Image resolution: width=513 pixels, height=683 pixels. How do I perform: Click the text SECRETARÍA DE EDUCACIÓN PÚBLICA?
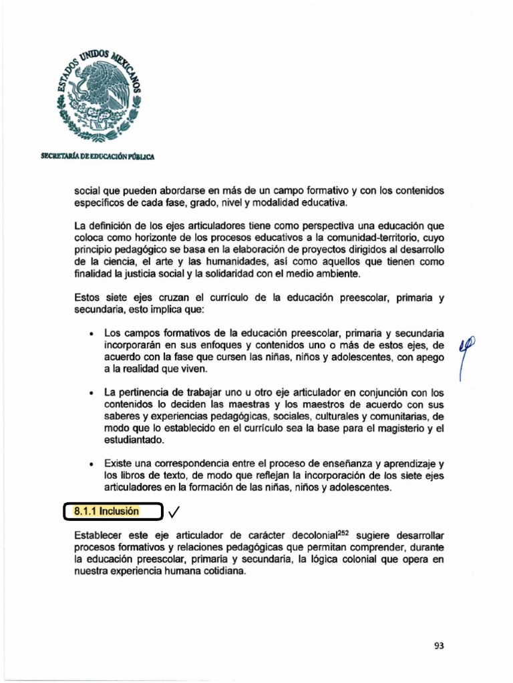[98, 156]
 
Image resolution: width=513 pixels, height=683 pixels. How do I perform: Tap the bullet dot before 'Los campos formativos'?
[90, 333]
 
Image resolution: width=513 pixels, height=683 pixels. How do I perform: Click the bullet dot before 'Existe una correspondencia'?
[90, 463]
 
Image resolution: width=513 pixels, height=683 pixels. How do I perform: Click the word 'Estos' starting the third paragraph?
[87, 299]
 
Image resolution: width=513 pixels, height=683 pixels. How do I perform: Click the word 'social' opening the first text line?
[87, 191]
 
